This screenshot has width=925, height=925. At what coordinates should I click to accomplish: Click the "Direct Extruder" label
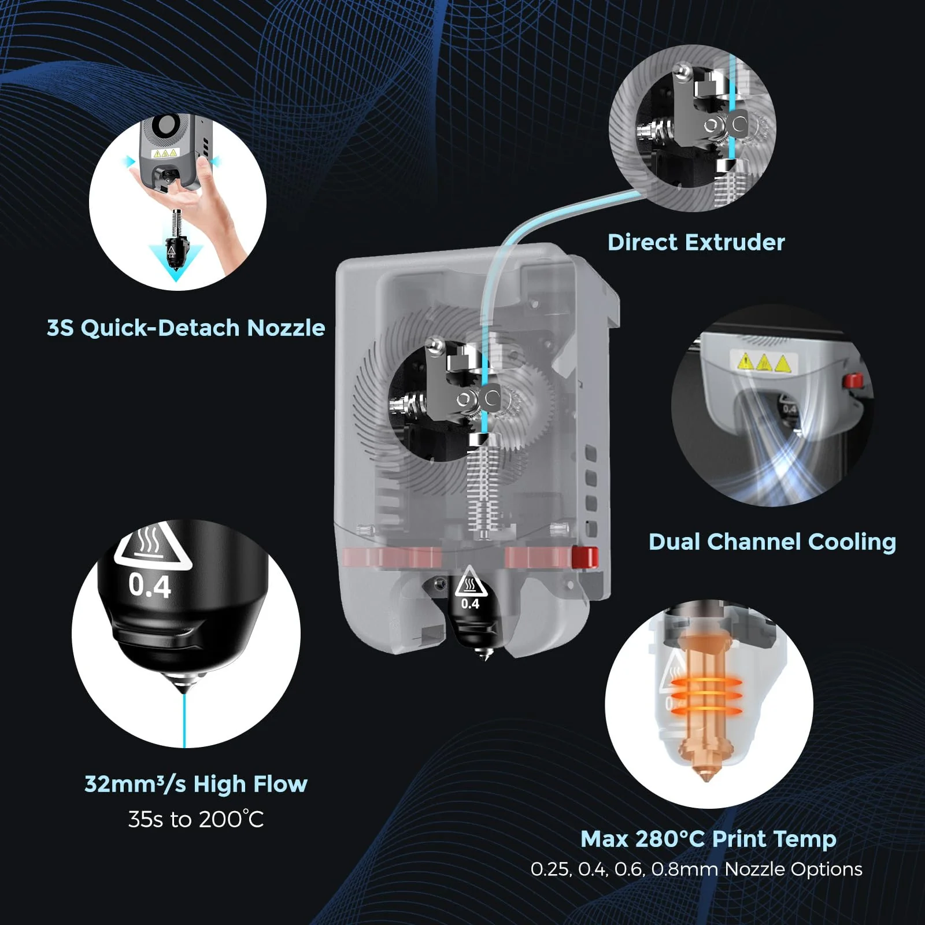point(696,243)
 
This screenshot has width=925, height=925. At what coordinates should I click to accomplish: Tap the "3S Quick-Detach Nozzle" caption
point(186,328)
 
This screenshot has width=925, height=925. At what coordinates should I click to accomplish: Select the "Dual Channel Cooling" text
point(772,542)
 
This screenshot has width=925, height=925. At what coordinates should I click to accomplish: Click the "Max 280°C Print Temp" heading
point(708,838)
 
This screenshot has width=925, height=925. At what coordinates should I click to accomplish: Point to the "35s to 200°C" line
point(196,819)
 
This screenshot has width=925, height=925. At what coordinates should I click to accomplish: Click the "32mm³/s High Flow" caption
point(196,784)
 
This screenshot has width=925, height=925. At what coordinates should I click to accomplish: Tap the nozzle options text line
point(696,869)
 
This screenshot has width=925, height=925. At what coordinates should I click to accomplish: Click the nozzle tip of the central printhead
point(484,654)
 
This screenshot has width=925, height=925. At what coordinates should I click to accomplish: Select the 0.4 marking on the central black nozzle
point(470,604)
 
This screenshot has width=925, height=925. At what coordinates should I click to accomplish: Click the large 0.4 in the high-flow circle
point(150,586)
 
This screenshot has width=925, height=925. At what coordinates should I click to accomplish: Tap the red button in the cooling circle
point(852,381)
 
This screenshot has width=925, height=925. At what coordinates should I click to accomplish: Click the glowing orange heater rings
point(706,694)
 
